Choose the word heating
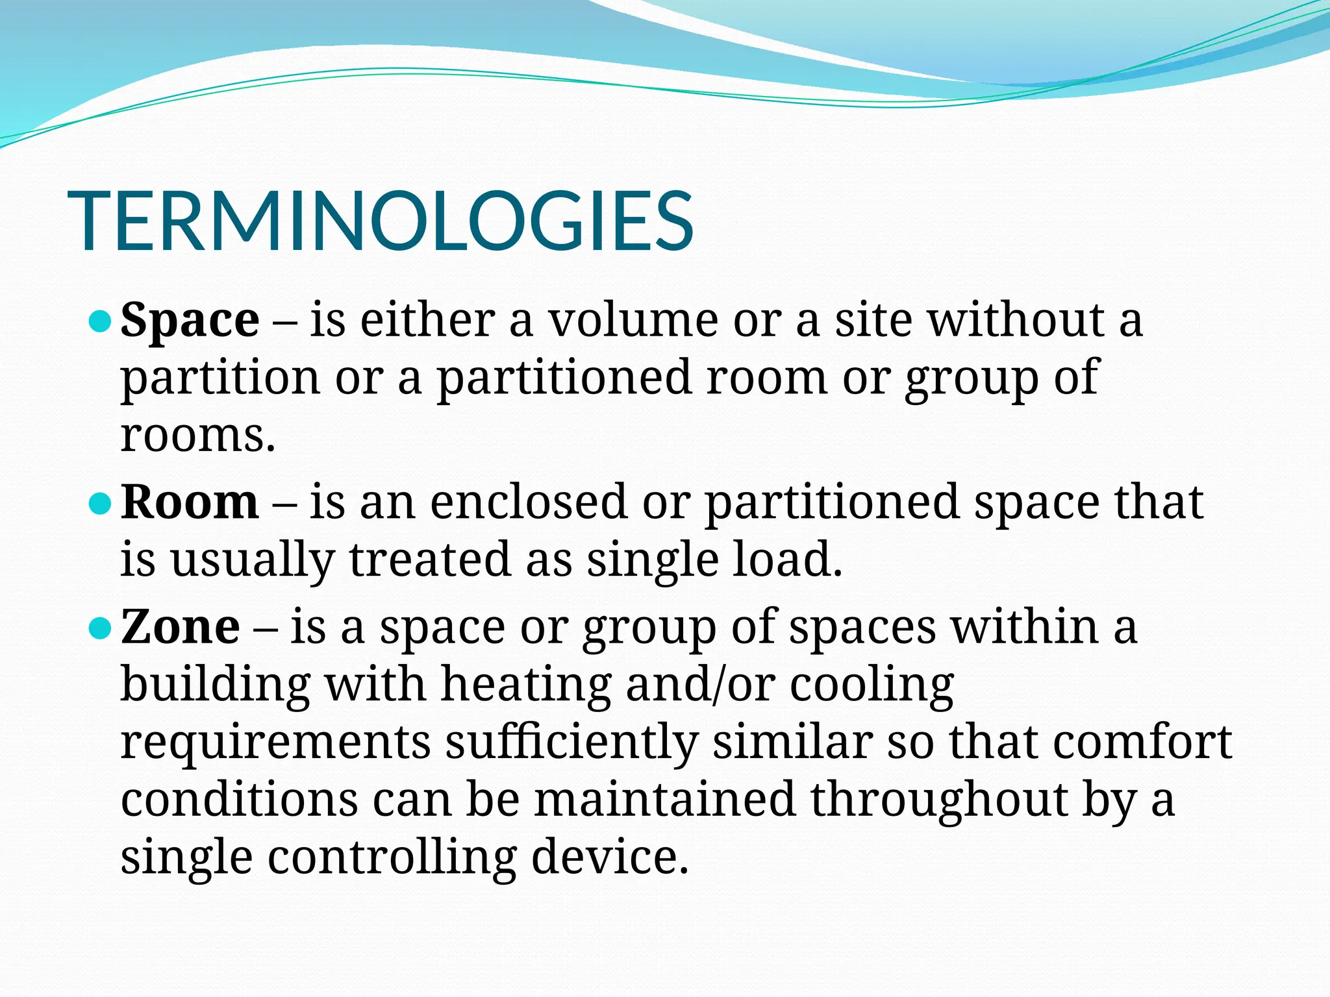pos(526,685)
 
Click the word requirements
pos(276,743)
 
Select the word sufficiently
pos(571,743)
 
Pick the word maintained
pos(665,800)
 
